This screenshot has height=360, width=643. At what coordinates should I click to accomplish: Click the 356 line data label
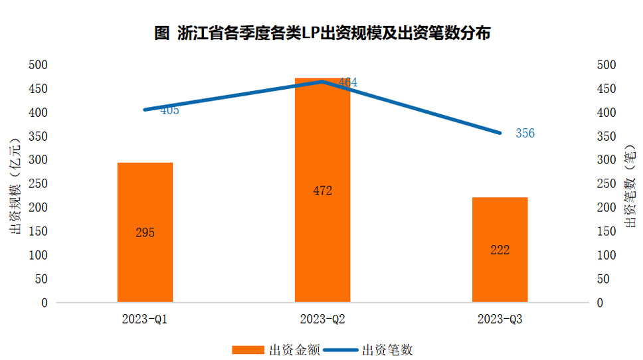click(x=525, y=134)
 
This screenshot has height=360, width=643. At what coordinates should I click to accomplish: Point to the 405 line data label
click(x=169, y=110)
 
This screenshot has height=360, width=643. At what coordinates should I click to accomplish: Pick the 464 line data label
click(x=347, y=82)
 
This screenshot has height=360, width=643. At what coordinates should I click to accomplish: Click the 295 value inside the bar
click(x=145, y=232)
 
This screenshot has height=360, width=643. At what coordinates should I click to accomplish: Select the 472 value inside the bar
click(x=322, y=191)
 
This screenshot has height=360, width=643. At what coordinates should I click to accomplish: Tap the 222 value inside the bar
click(x=500, y=250)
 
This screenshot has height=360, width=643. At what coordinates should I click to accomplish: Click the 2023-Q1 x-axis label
click(x=144, y=319)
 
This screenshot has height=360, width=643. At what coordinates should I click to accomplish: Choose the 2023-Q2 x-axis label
click(x=322, y=319)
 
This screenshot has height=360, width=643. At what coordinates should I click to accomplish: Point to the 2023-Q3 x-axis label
click(x=500, y=319)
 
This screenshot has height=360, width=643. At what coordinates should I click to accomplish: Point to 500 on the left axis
click(x=39, y=65)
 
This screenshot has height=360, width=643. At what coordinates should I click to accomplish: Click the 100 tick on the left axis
click(x=39, y=255)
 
